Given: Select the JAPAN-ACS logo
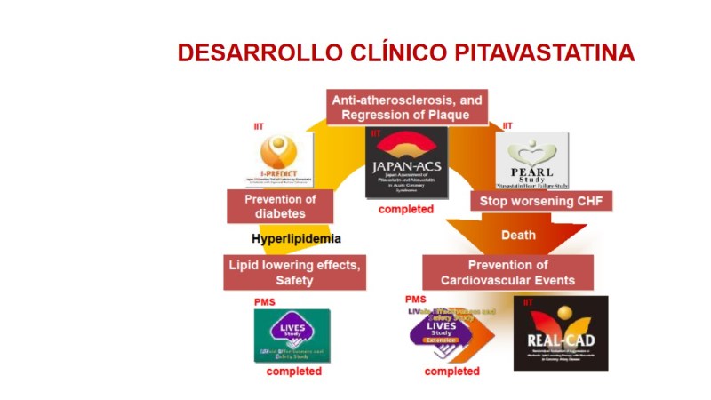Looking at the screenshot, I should (x=407, y=163).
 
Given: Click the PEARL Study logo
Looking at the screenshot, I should (x=532, y=160).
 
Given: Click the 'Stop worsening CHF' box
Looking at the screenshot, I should (x=541, y=201).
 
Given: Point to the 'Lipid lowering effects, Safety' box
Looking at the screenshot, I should (x=294, y=272).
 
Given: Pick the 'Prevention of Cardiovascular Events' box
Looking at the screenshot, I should (x=507, y=272).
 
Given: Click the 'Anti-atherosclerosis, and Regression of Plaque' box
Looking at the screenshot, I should (x=407, y=108).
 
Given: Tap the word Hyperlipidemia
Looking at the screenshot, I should (x=296, y=239).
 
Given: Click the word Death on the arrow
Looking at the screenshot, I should (x=518, y=236).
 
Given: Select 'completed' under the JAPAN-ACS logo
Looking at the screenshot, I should (x=405, y=210).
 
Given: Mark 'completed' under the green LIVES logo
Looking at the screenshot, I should (x=293, y=372).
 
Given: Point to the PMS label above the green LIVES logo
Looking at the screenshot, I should (x=264, y=302).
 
